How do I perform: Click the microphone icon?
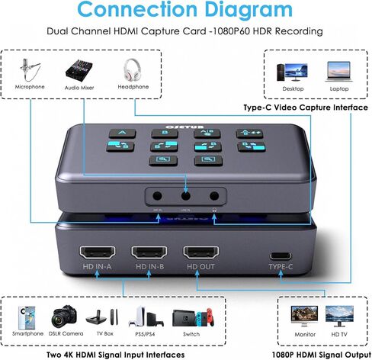30,69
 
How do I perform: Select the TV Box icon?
103,317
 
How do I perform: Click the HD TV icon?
339,316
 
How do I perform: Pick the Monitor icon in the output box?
303,316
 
